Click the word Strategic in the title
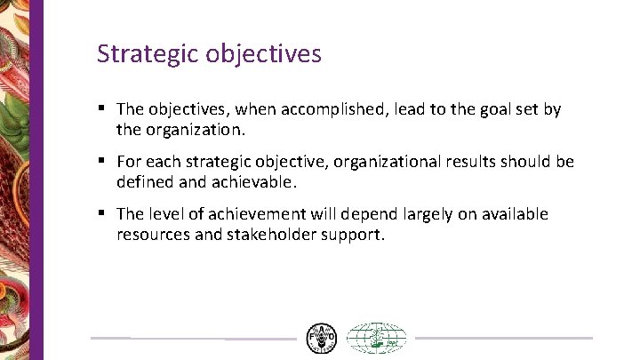pyautogui.click(x=148, y=54)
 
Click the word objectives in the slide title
pyautogui.click(x=263, y=54)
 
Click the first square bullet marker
pyautogui.click(x=103, y=108)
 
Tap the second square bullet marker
pyautogui.click(x=103, y=160)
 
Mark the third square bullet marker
pyautogui.click(x=103, y=212)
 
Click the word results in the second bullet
pyautogui.click(x=475, y=162)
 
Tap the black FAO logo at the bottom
pyautogui.click(x=321, y=338)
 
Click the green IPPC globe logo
pyautogui.click(x=375, y=338)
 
